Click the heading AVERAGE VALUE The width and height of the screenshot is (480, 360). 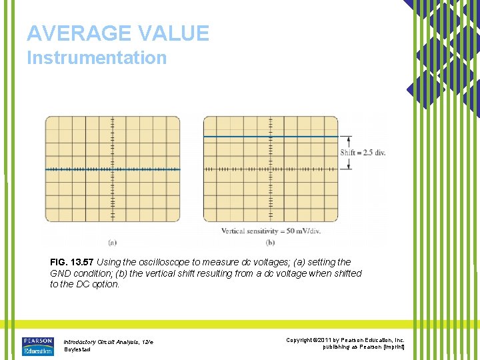point(118,33)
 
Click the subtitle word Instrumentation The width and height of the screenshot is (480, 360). point(97,58)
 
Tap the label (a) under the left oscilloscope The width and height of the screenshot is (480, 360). point(112,242)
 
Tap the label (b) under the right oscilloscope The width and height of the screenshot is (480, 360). point(270,242)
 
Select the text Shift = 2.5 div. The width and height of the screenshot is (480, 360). point(363,153)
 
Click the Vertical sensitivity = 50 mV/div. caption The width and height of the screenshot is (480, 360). point(270,231)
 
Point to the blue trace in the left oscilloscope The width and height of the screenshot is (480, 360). point(80,169)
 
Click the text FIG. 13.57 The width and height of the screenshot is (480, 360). point(72,263)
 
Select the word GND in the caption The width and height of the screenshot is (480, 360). point(61,273)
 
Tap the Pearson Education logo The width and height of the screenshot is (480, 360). point(38,346)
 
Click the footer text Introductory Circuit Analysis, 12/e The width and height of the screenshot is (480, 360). point(109,342)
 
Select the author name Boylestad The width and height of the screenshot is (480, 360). point(77,350)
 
